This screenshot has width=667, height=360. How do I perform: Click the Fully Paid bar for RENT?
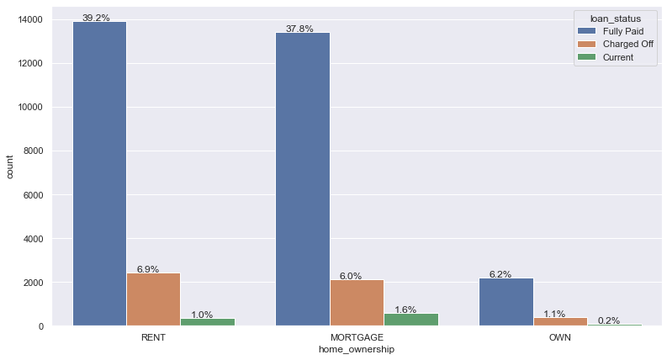99,173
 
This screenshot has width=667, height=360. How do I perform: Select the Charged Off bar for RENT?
153,299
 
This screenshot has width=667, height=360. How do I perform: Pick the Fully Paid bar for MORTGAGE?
303,178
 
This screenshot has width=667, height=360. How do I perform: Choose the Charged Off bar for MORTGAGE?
357,303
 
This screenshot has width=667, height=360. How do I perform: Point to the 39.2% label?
96,18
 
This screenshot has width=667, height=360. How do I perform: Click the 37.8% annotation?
299,29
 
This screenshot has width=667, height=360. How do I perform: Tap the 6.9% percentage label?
148,269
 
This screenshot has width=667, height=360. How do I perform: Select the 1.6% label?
405,310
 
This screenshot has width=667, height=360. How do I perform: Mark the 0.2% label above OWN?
609,320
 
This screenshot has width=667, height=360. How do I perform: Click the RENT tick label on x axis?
153,337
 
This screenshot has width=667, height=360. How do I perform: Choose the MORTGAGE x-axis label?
357,337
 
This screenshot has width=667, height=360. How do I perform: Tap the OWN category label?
559,337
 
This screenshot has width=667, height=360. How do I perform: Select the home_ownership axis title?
357,350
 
